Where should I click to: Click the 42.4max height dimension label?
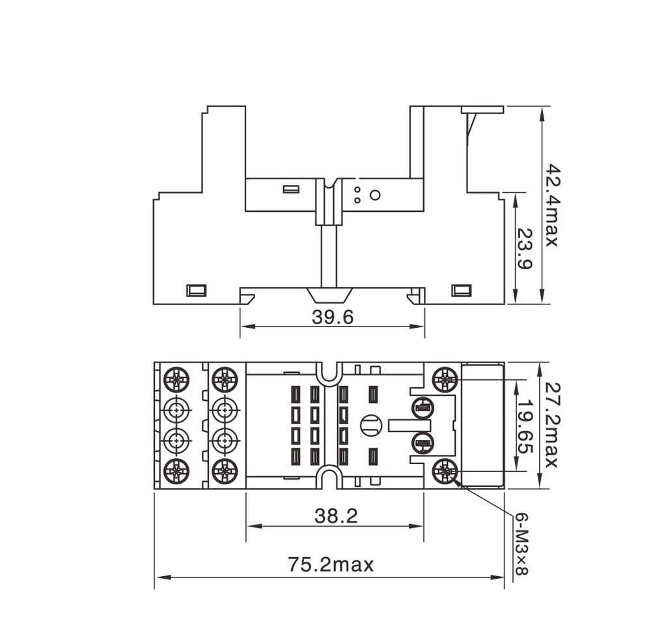click(551, 205)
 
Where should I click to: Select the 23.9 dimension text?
click(525, 248)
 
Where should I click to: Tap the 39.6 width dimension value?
click(332, 317)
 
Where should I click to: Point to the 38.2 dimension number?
click(336, 516)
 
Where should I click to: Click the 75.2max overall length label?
click(331, 564)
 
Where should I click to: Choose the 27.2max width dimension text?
click(551, 425)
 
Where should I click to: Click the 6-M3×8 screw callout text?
click(521, 545)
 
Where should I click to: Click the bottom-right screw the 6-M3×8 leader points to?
click(445, 469)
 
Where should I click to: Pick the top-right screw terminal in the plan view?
click(445, 377)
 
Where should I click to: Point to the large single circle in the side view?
click(375, 194)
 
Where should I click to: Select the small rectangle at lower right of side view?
click(462, 290)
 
